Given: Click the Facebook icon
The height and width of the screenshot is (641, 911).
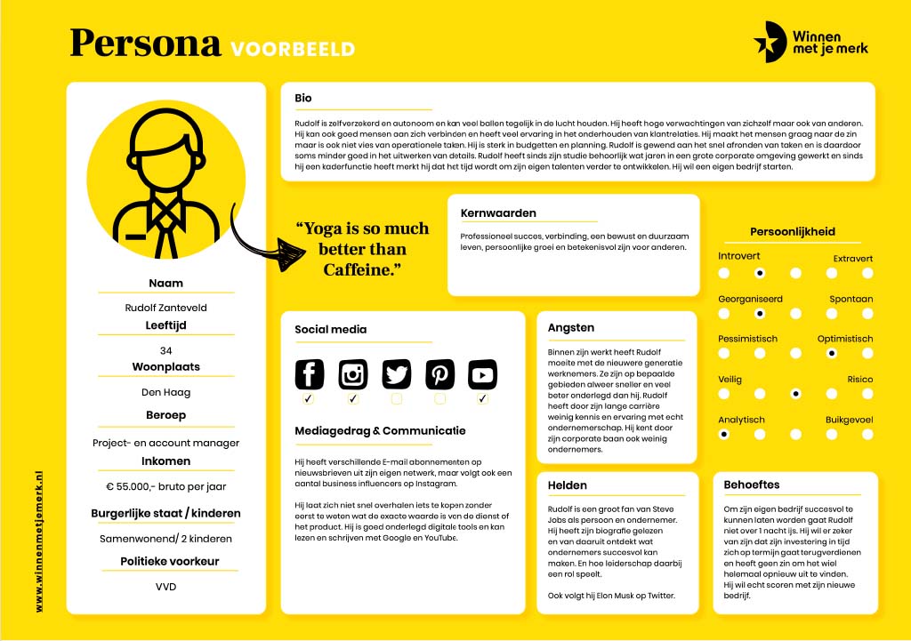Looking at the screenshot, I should coord(309,374).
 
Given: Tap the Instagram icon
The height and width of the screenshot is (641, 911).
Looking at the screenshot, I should coord(353,374).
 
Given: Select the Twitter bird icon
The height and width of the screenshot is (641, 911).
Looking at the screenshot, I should coord(397,374).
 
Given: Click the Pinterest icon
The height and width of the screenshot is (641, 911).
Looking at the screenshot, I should coord(439,374).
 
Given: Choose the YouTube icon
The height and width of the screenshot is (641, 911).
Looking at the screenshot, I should coord(483,374).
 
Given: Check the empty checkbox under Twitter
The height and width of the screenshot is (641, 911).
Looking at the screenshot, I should coord(397,400).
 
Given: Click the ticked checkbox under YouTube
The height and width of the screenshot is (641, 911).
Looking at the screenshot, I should coord(483,400).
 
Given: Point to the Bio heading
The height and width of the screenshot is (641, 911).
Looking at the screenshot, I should coord(303,98).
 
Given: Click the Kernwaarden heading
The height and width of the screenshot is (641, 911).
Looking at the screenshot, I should coord(498,213).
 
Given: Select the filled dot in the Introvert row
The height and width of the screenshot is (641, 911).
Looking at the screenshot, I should coord(759,274).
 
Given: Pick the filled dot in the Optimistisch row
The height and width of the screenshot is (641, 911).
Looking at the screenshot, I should coord(831,353).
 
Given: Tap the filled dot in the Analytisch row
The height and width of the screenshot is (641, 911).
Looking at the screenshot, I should coord(723,435).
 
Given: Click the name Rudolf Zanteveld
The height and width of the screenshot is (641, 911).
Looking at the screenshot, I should coord(166,308).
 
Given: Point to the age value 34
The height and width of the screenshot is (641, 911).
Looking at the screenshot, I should coord(166,350).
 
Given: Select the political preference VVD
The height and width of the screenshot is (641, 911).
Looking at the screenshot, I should coord(166,588).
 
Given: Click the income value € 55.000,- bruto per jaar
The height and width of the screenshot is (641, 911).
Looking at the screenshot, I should coord(166,486).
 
